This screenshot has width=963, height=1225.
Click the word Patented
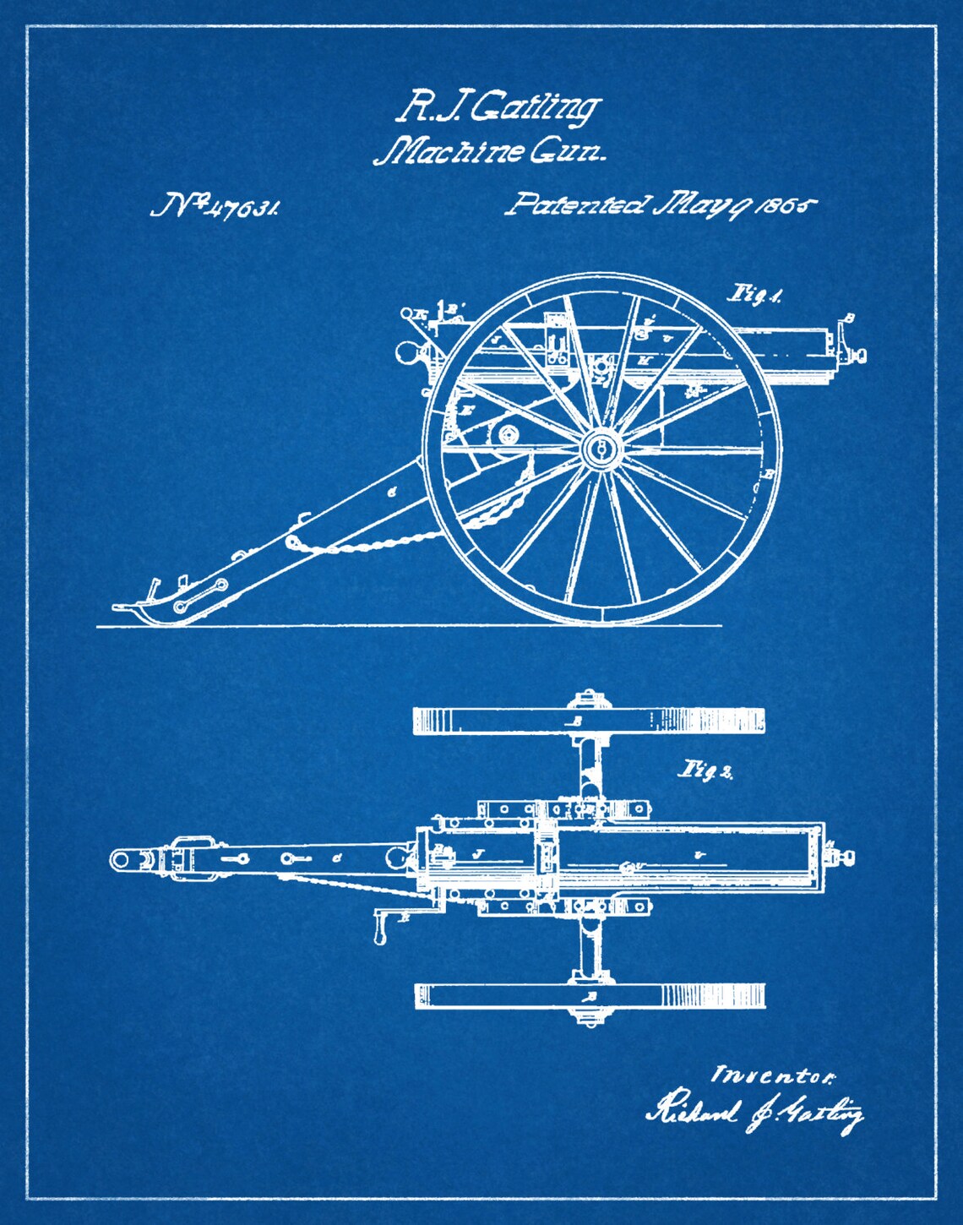click(x=579, y=205)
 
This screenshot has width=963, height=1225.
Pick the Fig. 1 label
click(x=754, y=295)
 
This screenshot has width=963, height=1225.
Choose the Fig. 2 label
click(x=705, y=770)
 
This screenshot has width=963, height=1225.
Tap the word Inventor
click(x=774, y=1075)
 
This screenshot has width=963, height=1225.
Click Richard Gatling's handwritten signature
click(x=755, y=1113)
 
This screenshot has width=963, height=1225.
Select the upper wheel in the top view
click(x=589, y=721)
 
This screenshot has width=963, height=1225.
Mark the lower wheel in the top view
click(x=589, y=996)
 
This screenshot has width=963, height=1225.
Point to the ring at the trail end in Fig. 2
click(x=121, y=860)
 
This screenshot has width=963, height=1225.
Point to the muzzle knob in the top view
click(x=846, y=858)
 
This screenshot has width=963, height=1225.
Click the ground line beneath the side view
click(x=405, y=626)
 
